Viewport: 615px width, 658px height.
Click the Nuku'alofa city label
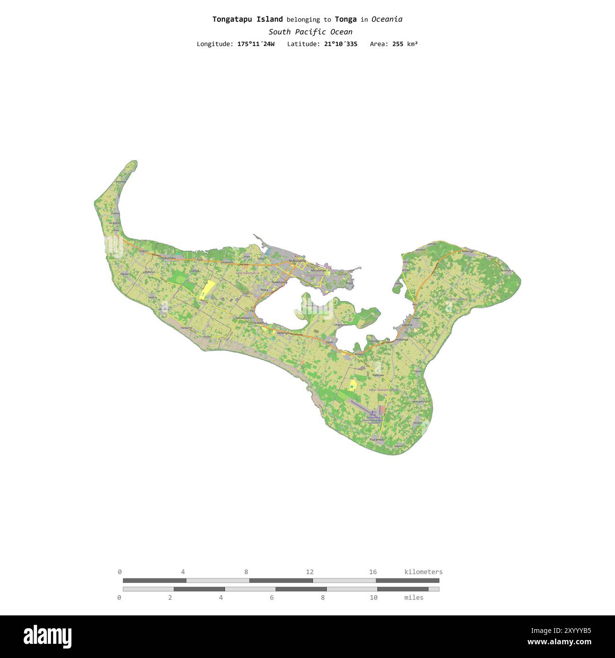point(297,260)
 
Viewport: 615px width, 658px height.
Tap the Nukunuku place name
point(168,258)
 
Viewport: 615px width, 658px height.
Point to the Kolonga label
point(467,251)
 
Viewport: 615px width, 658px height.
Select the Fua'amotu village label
point(377,440)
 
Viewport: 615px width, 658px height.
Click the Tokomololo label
point(243,318)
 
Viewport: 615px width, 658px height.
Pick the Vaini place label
point(329,342)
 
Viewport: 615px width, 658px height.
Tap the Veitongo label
point(283,333)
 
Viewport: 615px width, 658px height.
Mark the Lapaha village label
point(407,325)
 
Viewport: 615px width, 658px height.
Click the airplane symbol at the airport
point(372,412)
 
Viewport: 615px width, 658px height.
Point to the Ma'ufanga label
point(318,270)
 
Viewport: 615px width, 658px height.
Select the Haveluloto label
point(279,282)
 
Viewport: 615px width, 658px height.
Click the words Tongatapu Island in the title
point(247,19)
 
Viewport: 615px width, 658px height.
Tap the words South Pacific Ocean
point(310,32)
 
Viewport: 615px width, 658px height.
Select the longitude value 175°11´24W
point(255,44)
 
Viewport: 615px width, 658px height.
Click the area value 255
point(398,44)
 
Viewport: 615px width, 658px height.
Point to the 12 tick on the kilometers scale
point(309,572)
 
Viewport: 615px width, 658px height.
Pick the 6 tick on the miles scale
point(272,597)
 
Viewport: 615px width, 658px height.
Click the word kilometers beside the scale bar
point(423,572)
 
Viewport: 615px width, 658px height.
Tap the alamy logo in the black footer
point(47,637)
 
